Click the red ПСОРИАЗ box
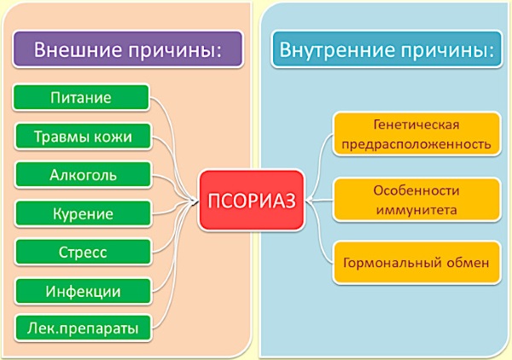pyautogui.click(x=251, y=200)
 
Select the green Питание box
pyautogui.click(x=81, y=97)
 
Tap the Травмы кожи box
pyautogui.click(x=83, y=136)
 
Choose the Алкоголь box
pyautogui.click(x=83, y=175)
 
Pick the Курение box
pyautogui.click(x=83, y=214)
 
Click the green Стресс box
pyautogui.click(x=83, y=253)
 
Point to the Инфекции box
pyautogui.click(x=83, y=291)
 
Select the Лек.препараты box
pyautogui.click(x=83, y=328)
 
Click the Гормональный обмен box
pyautogui.click(x=416, y=263)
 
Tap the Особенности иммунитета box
pyautogui.click(x=416, y=200)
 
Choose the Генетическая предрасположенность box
pyautogui.click(x=416, y=134)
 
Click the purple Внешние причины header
pyautogui.click(x=128, y=49)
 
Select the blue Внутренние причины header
pyautogui.click(x=387, y=49)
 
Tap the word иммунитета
pyautogui.click(x=416, y=210)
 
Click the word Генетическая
pyautogui.click(x=416, y=125)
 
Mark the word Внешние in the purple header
pyautogui.click(x=78, y=50)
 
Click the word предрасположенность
pyautogui.click(x=416, y=144)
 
